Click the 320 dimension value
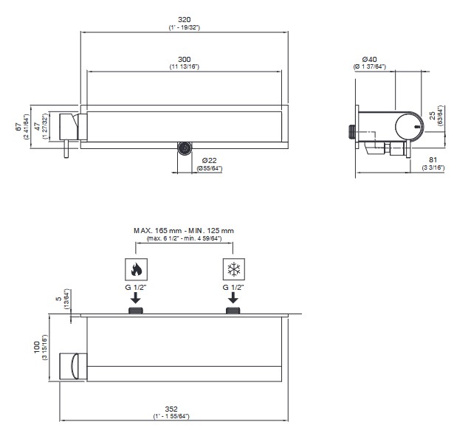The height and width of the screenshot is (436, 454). [184, 20]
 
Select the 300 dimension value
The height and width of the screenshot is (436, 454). [184, 59]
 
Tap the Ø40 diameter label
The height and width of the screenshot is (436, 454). [369, 59]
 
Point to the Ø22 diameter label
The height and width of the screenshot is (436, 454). [210, 161]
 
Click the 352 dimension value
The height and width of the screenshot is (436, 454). [171, 409]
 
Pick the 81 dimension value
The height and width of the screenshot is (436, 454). [433, 159]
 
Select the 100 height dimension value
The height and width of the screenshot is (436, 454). [37, 347]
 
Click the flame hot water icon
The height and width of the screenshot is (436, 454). [136, 269]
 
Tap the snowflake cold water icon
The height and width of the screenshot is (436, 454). [234, 269]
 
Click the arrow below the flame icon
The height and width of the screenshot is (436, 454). [136, 298]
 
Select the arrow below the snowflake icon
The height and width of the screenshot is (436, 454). [233, 298]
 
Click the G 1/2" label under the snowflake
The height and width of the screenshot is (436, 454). [233, 287]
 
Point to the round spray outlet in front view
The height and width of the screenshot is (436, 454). [185, 148]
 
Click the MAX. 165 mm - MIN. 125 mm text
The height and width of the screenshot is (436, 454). [184, 231]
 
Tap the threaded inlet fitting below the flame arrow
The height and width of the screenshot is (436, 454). [136, 311]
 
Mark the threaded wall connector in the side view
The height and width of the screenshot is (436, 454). [351, 131]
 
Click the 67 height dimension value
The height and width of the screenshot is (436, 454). [18, 127]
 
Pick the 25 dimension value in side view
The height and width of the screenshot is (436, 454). [433, 116]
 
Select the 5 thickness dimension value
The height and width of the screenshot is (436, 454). [59, 299]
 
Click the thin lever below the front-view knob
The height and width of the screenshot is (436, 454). [66, 149]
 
